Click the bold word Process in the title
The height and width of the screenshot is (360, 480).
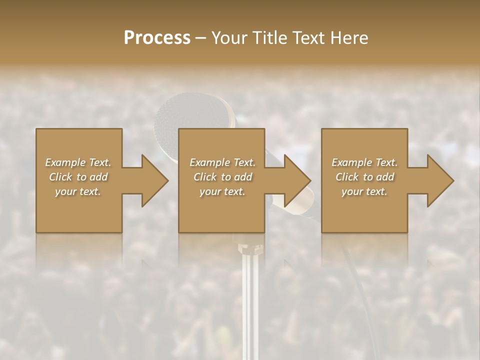click(157, 38)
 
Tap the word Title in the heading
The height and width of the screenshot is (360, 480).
click(270, 38)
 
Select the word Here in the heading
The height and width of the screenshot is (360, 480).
click(349, 38)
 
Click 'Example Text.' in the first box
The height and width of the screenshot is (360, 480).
click(78, 162)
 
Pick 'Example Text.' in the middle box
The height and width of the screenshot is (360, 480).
click(222, 162)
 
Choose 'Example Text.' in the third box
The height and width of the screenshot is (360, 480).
click(364, 162)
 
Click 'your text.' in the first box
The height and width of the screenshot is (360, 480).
click(78, 191)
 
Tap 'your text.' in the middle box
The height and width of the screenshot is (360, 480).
click(222, 191)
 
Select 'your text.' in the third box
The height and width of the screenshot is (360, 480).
click(364, 191)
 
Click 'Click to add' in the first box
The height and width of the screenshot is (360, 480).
click(78, 177)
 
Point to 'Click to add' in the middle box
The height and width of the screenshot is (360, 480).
click(222, 177)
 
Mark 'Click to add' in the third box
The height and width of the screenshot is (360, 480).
click(364, 177)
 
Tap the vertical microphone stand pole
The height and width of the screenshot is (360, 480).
click(247, 300)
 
